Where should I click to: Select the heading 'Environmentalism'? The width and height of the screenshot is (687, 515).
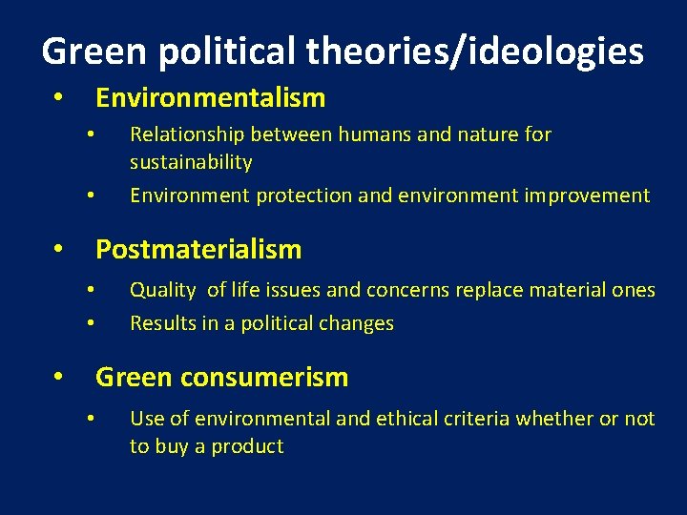pyautogui.click(x=210, y=97)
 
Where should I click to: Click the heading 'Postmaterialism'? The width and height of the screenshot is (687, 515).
pyautogui.click(x=198, y=250)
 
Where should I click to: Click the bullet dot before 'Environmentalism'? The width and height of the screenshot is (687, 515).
pyautogui.click(x=58, y=98)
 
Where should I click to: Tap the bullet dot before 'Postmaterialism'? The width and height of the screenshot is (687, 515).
pyautogui.click(x=58, y=251)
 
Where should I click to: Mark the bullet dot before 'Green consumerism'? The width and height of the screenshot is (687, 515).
pyautogui.click(x=58, y=378)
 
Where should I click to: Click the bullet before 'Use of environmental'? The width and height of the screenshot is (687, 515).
pyautogui.click(x=88, y=419)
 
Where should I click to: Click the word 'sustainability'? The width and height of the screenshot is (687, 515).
pyautogui.click(x=191, y=162)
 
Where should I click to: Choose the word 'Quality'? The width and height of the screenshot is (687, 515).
pyautogui.click(x=162, y=290)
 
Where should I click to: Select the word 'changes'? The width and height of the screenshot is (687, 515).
pyautogui.click(x=358, y=323)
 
